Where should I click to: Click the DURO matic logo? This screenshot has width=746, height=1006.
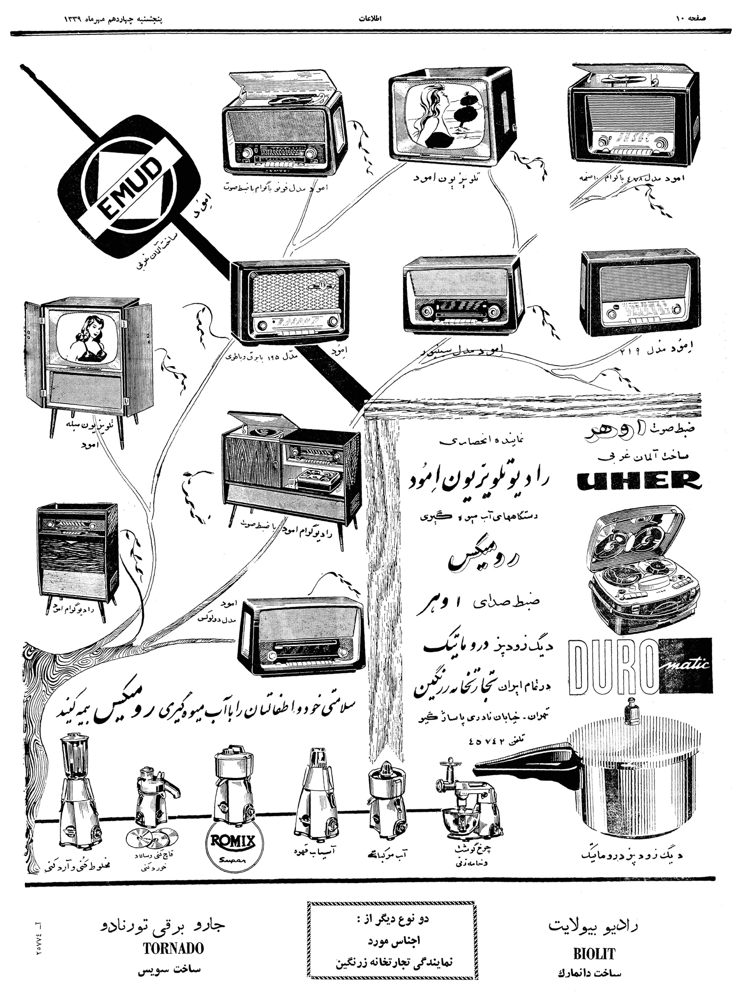(x=641, y=667)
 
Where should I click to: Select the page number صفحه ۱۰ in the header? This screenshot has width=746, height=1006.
(x=690, y=19)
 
